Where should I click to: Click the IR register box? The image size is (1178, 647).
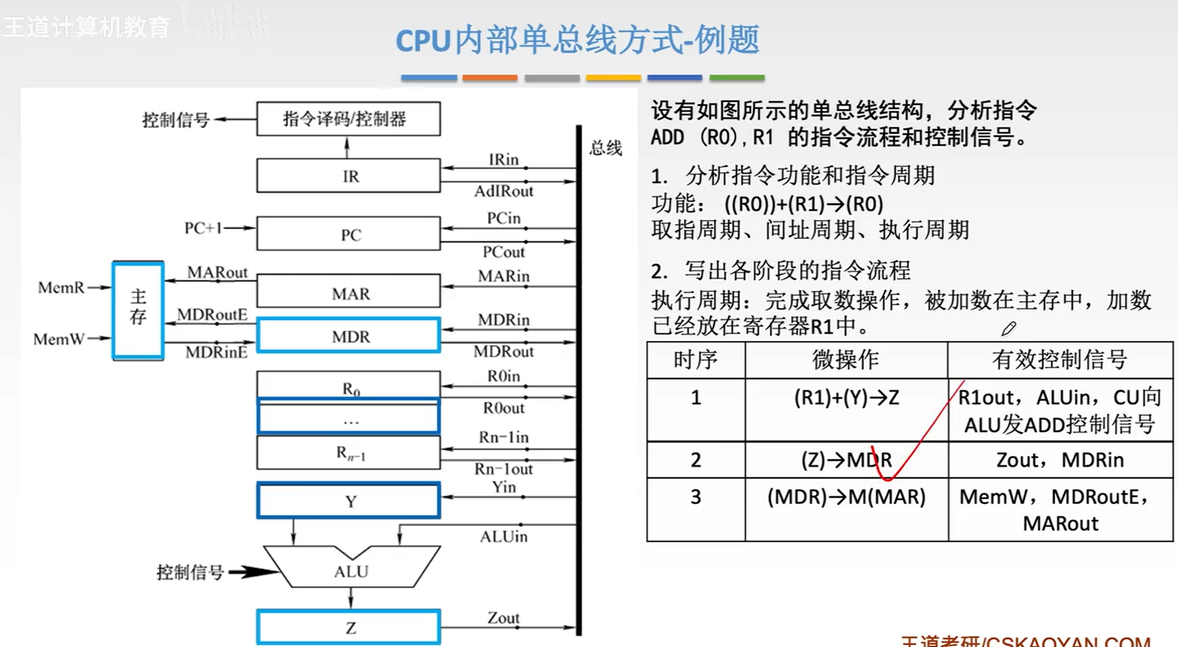click(x=348, y=176)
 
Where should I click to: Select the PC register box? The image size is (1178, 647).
click(x=348, y=234)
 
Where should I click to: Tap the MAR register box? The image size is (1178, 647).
click(x=348, y=292)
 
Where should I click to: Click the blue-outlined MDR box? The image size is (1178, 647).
click(x=348, y=335)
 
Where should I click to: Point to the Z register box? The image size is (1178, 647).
click(x=348, y=627)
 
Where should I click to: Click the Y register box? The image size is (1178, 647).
click(x=348, y=501)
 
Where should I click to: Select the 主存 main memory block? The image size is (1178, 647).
click(x=138, y=310)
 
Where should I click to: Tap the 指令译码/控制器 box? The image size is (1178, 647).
click(x=348, y=119)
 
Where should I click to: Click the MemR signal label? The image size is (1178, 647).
click(x=61, y=288)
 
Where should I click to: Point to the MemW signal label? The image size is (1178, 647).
click(x=59, y=339)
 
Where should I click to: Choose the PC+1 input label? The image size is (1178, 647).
click(x=203, y=228)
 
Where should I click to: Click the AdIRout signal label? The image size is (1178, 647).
click(x=503, y=191)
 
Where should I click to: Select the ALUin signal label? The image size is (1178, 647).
click(x=503, y=537)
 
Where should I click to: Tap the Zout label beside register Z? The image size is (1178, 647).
click(x=503, y=618)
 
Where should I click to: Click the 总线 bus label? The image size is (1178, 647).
click(x=605, y=149)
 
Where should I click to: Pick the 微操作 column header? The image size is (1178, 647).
click(x=846, y=360)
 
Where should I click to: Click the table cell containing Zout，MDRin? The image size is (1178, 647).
click(x=1060, y=460)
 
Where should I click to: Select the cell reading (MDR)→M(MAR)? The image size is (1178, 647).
click(x=846, y=497)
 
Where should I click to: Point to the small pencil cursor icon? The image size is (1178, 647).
click(x=1008, y=329)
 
